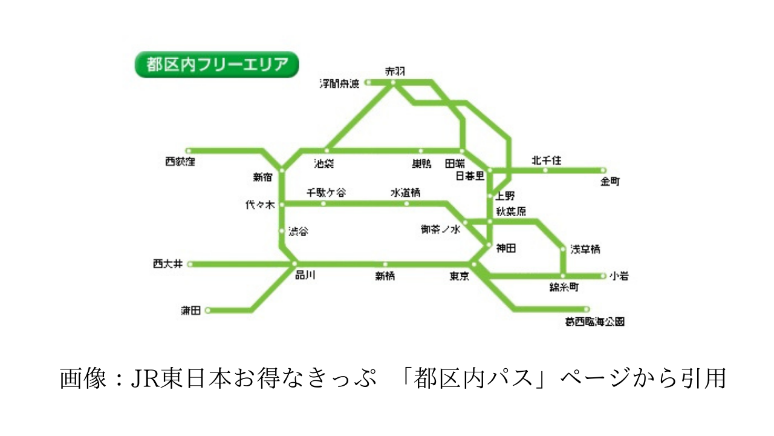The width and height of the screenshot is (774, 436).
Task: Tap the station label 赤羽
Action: pyautogui.click(x=395, y=71)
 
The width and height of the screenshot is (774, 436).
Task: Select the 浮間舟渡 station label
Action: pyautogui.click(x=339, y=84)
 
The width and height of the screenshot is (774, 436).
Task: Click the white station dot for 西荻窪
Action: pyautogui.click(x=189, y=151)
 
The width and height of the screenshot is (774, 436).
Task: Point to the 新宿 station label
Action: pyautogui.click(x=262, y=177)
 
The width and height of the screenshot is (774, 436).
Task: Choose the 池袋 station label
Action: pyautogui.click(x=324, y=163)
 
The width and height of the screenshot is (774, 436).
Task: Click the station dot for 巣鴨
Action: pyautogui.click(x=421, y=151)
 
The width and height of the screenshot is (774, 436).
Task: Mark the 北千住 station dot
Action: pyautogui.click(x=545, y=170)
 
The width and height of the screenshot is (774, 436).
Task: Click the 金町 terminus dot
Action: pyautogui.click(x=603, y=170)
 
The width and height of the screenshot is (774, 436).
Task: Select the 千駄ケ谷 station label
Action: pyautogui.click(x=327, y=193)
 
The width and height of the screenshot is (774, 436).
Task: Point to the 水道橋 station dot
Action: pyautogui.click(x=406, y=203)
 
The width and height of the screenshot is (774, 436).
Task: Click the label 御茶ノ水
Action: pyautogui.click(x=441, y=230)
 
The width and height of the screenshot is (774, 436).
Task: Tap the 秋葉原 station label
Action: pyautogui.click(x=511, y=211)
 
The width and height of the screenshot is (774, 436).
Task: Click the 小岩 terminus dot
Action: pyautogui.click(x=603, y=276)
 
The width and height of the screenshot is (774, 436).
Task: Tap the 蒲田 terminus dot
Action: pyautogui.click(x=207, y=311)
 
